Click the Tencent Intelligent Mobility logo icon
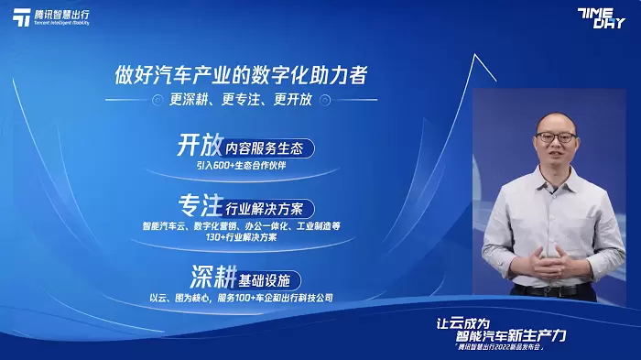click(22, 17)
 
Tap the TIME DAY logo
click(602, 18)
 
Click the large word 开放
click(200, 145)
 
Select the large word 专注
click(201, 205)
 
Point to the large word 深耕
click(213, 277)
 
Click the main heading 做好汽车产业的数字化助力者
click(241, 75)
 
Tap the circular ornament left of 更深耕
click(158, 100)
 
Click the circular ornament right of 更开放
click(325, 100)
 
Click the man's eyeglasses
click(556, 137)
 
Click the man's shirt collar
click(556, 180)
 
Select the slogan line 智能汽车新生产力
click(511, 336)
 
